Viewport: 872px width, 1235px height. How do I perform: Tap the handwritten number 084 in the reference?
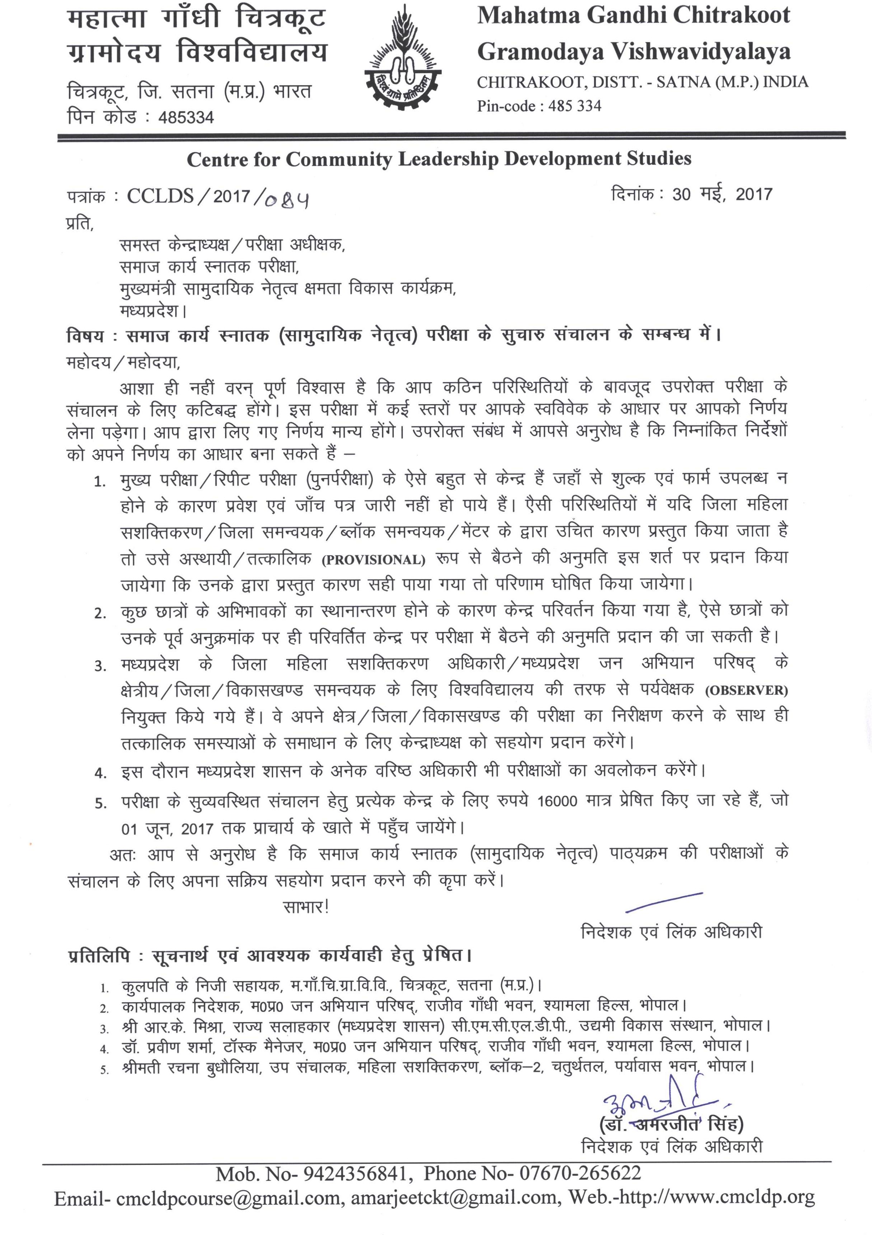(288, 200)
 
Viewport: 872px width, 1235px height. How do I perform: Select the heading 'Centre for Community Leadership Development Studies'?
(439, 159)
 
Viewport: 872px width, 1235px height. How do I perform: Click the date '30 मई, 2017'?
(722, 194)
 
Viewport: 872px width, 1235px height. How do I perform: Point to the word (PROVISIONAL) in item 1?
(374, 560)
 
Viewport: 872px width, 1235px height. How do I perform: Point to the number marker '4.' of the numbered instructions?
(101, 773)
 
